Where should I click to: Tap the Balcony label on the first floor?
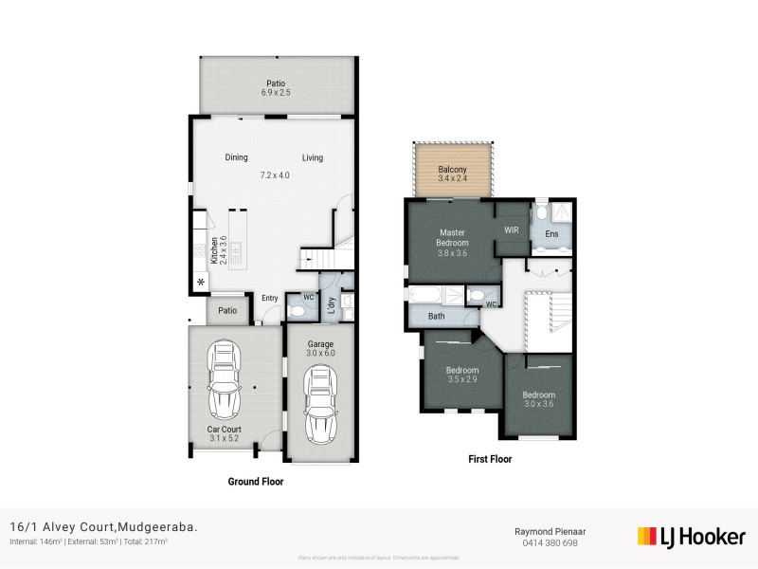(x=452, y=171)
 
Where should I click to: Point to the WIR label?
(x=512, y=230)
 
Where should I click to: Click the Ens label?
(x=551, y=233)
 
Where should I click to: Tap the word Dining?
(x=237, y=157)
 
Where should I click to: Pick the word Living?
(x=313, y=157)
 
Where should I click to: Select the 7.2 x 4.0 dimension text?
(x=275, y=175)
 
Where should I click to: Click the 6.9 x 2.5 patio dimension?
(x=276, y=93)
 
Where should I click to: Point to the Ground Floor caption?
(x=255, y=482)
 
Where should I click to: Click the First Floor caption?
(x=490, y=459)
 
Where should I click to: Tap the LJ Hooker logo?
(x=691, y=537)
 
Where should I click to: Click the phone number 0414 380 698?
(x=549, y=542)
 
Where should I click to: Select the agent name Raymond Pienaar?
(x=549, y=532)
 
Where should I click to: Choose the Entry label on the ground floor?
(x=270, y=298)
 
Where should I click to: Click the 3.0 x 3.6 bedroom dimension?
(x=538, y=405)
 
